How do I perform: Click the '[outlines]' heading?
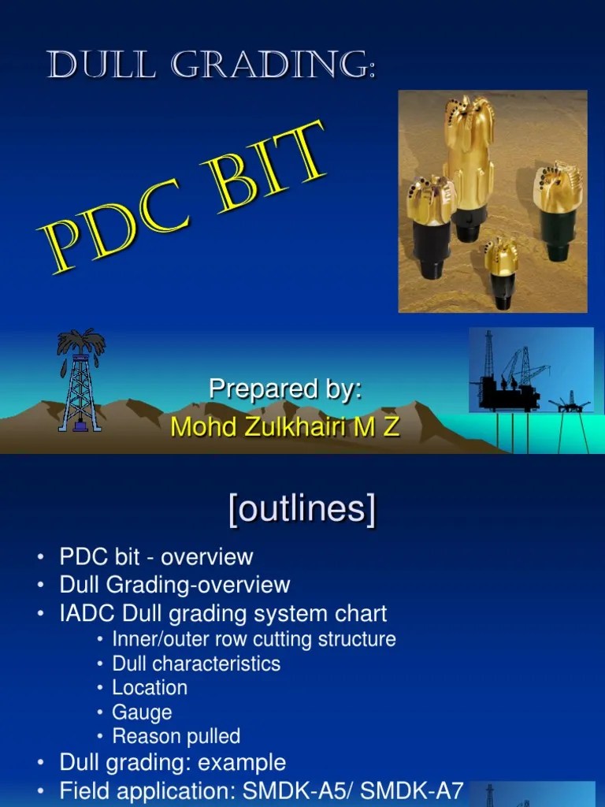coord(302,510)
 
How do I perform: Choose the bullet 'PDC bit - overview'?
coord(156,556)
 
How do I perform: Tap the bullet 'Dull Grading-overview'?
coord(175,585)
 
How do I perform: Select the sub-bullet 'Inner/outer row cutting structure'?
coord(254,638)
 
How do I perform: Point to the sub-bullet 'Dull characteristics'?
coord(196,663)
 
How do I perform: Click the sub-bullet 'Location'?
coord(150,687)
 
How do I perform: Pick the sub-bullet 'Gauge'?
coord(142,712)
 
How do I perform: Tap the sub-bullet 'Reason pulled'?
coord(176,736)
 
